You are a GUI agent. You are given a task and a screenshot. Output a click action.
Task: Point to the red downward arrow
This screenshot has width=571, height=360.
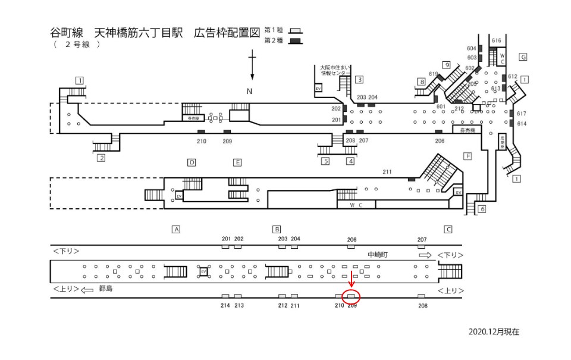click(352, 278)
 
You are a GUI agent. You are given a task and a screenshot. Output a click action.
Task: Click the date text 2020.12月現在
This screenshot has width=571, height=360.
click(494, 332)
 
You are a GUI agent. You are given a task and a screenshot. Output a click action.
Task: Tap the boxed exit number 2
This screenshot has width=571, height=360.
click(101, 158)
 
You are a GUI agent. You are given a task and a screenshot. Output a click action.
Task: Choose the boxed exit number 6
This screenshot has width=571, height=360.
click(482, 209)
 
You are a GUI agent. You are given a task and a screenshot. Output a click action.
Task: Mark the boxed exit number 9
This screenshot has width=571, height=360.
click(445, 65)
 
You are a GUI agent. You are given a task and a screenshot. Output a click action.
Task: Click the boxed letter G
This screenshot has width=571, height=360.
click(523, 57)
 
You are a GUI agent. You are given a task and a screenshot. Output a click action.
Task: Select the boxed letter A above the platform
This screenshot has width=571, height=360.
click(175, 229)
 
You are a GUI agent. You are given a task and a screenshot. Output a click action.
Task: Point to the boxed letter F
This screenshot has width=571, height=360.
click(468, 156)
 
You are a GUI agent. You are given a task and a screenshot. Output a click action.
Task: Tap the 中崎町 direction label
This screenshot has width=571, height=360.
click(378, 254)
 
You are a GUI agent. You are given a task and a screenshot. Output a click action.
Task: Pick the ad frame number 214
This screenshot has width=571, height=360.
click(225, 305)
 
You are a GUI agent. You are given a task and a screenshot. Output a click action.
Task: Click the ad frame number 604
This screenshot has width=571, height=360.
click(472, 48)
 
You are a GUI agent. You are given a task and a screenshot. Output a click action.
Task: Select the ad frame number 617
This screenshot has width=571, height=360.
click(522, 114)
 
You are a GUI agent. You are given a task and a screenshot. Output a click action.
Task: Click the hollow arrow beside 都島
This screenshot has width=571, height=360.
click(87, 290)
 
